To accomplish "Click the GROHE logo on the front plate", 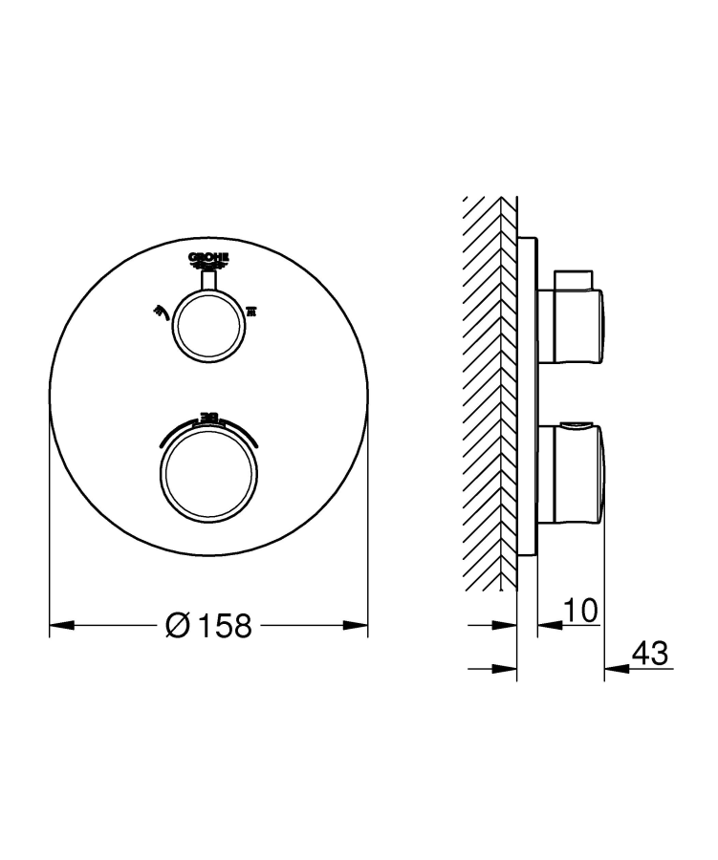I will (x=208, y=259).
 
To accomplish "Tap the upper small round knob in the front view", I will (x=208, y=324).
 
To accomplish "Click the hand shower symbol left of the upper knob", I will (x=159, y=311).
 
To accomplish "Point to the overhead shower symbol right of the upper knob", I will (x=253, y=311).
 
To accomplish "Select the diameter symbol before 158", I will (x=178, y=627).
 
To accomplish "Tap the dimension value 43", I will (x=649, y=655).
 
